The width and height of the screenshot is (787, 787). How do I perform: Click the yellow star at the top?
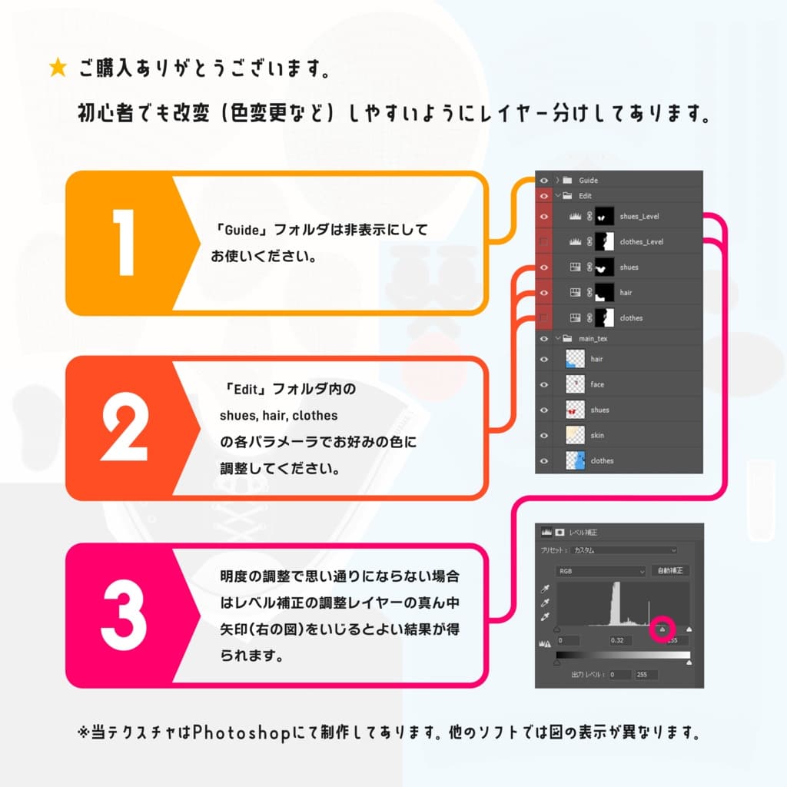58,68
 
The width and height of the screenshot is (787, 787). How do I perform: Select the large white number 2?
125,427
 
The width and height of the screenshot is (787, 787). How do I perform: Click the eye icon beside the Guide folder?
544,180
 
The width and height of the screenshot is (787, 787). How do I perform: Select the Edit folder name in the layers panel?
585,196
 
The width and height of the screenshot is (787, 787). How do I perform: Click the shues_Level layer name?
639,217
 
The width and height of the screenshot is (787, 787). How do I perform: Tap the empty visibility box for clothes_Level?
544,242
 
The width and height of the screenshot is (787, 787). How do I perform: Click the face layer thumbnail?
575,384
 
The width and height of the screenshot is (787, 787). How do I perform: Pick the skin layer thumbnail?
575,435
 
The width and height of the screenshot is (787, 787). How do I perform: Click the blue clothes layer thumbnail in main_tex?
575,460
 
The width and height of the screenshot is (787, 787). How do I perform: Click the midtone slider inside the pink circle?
662,629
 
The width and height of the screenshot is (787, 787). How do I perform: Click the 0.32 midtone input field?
616,640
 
